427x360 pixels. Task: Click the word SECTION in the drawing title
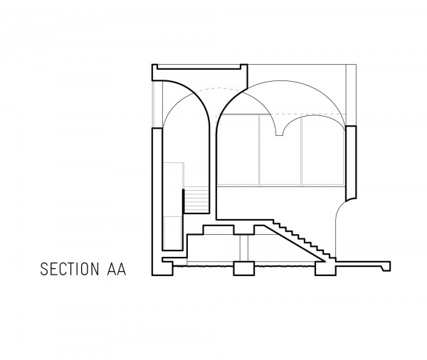coord(70,269)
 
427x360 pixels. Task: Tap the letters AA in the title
coord(117,269)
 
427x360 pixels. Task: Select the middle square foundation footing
coord(244,268)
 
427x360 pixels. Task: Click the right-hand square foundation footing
coord(325,268)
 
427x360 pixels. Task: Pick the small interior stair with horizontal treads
coord(196,200)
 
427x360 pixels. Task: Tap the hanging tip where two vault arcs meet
coord(279,134)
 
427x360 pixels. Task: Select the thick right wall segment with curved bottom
coord(351,164)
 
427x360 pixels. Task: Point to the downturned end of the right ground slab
coord(386,267)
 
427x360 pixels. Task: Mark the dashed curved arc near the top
coord(218,88)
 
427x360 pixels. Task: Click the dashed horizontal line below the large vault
coord(280,115)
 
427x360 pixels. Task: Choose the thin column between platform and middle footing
coord(244,248)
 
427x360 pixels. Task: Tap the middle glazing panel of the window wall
coord(280,150)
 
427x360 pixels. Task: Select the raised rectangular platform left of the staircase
coord(218,230)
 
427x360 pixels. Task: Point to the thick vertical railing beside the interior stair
coord(184,201)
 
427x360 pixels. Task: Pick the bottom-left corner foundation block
coord(162,268)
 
